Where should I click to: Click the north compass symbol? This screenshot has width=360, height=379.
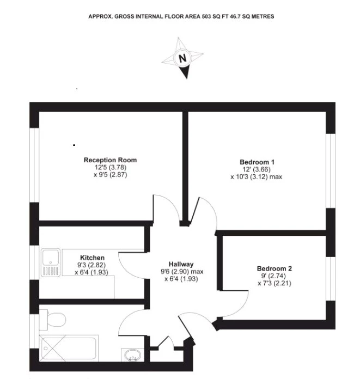point(182,58)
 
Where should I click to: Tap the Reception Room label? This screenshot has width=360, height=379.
point(110,160)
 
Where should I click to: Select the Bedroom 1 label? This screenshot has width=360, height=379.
point(257,162)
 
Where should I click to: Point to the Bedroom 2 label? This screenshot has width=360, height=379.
point(274,268)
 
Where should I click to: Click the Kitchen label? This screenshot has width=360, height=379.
point(92,258)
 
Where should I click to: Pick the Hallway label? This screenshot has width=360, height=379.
point(181,264)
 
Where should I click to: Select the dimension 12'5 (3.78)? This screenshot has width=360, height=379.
point(110,168)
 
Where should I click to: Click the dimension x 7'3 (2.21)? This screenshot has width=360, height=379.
point(274,283)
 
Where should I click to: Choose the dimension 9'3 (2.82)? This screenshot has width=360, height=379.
point(92,265)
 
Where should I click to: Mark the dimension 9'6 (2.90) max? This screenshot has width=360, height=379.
point(181,271)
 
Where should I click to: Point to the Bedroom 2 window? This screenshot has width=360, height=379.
point(330,278)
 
